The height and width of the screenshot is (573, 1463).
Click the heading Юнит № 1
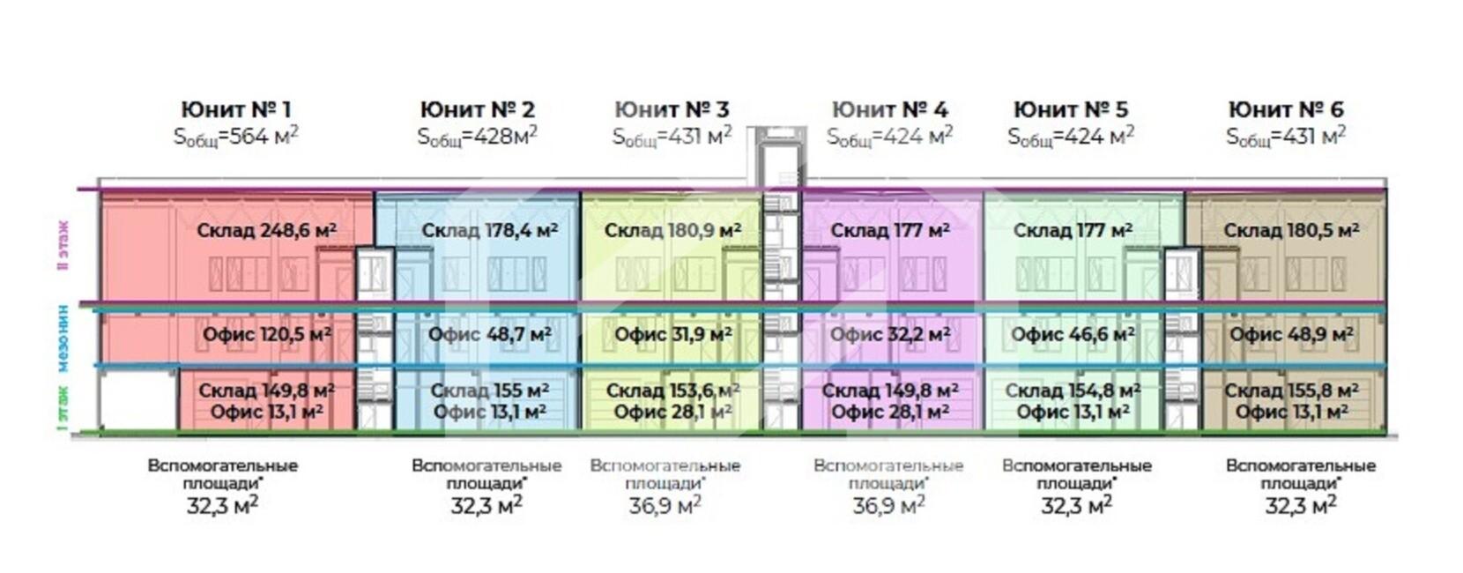tap(235, 109)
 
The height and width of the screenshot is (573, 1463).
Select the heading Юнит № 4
tap(889, 109)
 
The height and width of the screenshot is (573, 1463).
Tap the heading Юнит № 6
tap(1286, 109)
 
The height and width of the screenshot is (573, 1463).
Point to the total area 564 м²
tap(236, 137)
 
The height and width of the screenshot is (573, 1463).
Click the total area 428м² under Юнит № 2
tap(477, 137)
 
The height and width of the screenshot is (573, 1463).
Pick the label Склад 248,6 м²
tap(266, 231)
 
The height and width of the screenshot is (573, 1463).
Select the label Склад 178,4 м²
tap(489, 231)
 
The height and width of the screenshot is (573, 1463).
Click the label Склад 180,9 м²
tap(672, 231)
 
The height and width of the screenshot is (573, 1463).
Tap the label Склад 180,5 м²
tap(1291, 231)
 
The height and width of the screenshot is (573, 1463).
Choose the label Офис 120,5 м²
tap(266, 335)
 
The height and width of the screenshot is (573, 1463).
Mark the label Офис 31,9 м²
tap(673, 335)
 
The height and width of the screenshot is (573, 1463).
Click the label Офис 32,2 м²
tap(890, 335)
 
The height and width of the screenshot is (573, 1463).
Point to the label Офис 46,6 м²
tap(1073, 335)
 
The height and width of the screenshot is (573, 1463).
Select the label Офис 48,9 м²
tap(1291, 335)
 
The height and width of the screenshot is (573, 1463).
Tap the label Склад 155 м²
tap(490, 390)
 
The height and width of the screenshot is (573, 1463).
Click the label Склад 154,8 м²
tap(1073, 390)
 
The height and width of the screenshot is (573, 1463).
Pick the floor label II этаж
tap(63, 244)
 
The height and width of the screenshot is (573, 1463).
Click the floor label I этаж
tap(63, 406)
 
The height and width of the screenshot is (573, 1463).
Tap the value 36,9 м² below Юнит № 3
tap(665, 505)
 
